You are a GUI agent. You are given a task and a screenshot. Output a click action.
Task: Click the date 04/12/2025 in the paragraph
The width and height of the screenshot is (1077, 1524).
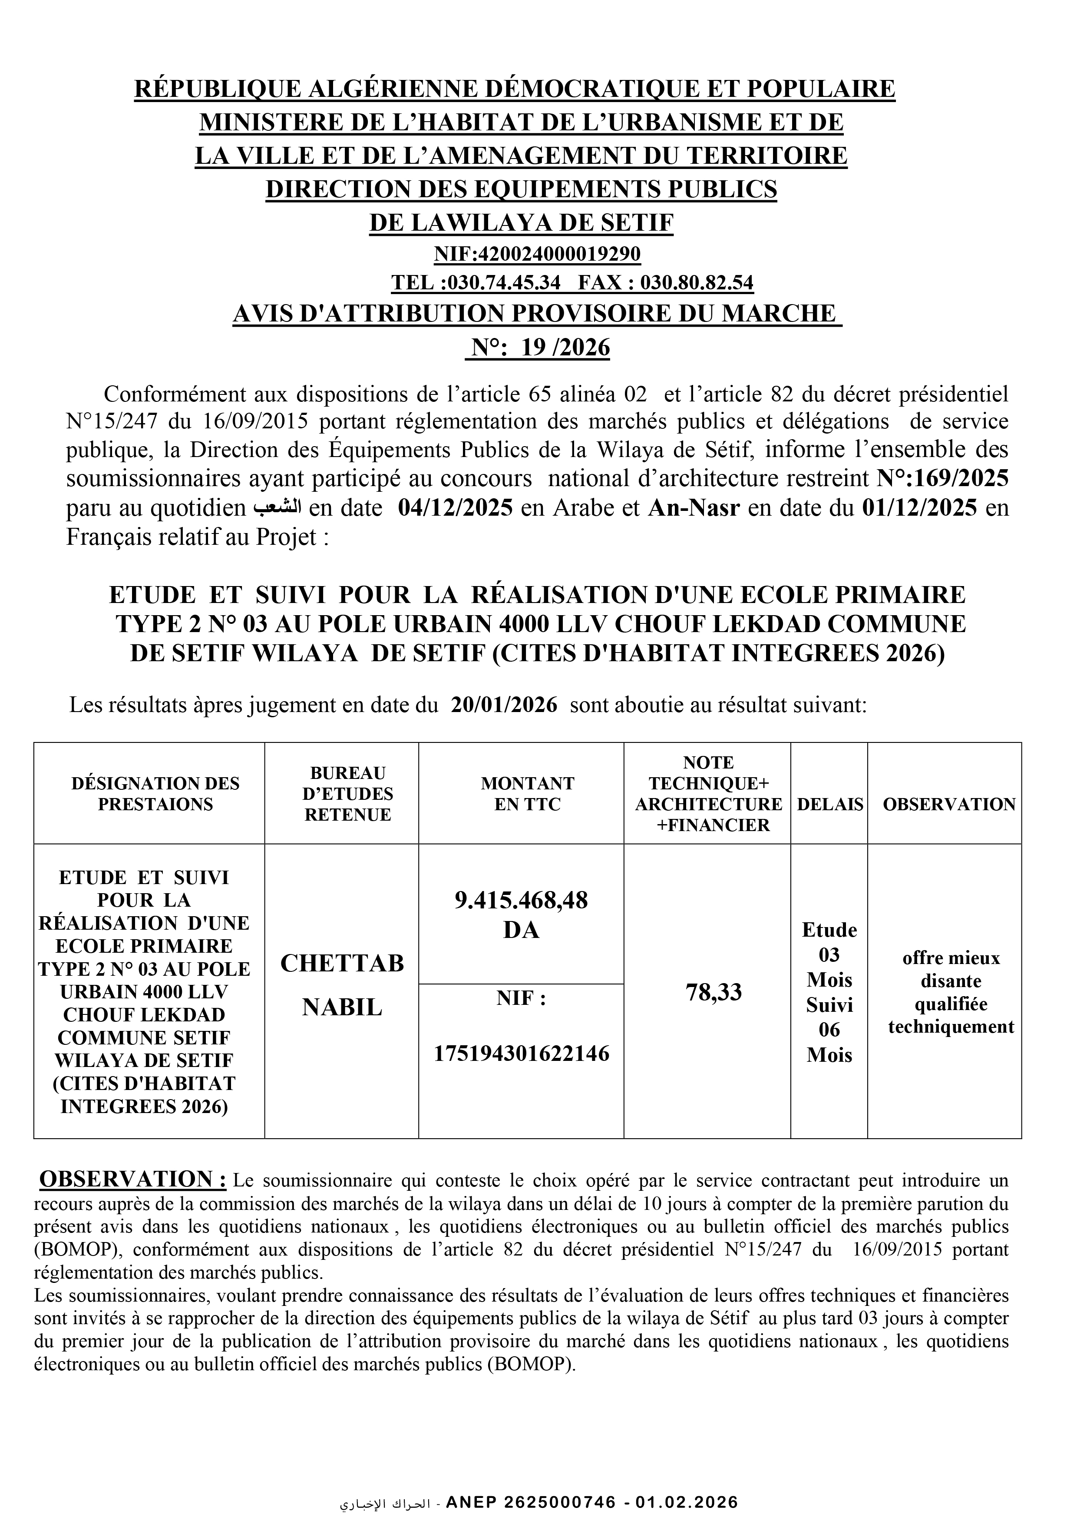pyautogui.click(x=455, y=508)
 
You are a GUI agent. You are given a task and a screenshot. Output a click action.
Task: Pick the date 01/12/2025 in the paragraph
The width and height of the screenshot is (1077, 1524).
pyautogui.click(x=920, y=508)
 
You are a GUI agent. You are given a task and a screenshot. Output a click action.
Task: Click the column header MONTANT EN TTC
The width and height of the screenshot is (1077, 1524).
pyautogui.click(x=521, y=794)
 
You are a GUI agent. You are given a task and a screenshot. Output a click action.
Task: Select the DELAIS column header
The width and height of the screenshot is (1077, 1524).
pyautogui.click(x=829, y=805)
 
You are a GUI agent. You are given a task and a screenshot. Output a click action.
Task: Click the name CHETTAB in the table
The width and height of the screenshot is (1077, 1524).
pyautogui.click(x=342, y=963)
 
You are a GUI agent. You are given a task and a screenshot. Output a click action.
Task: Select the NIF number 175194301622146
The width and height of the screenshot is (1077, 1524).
pyautogui.click(x=521, y=1054)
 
